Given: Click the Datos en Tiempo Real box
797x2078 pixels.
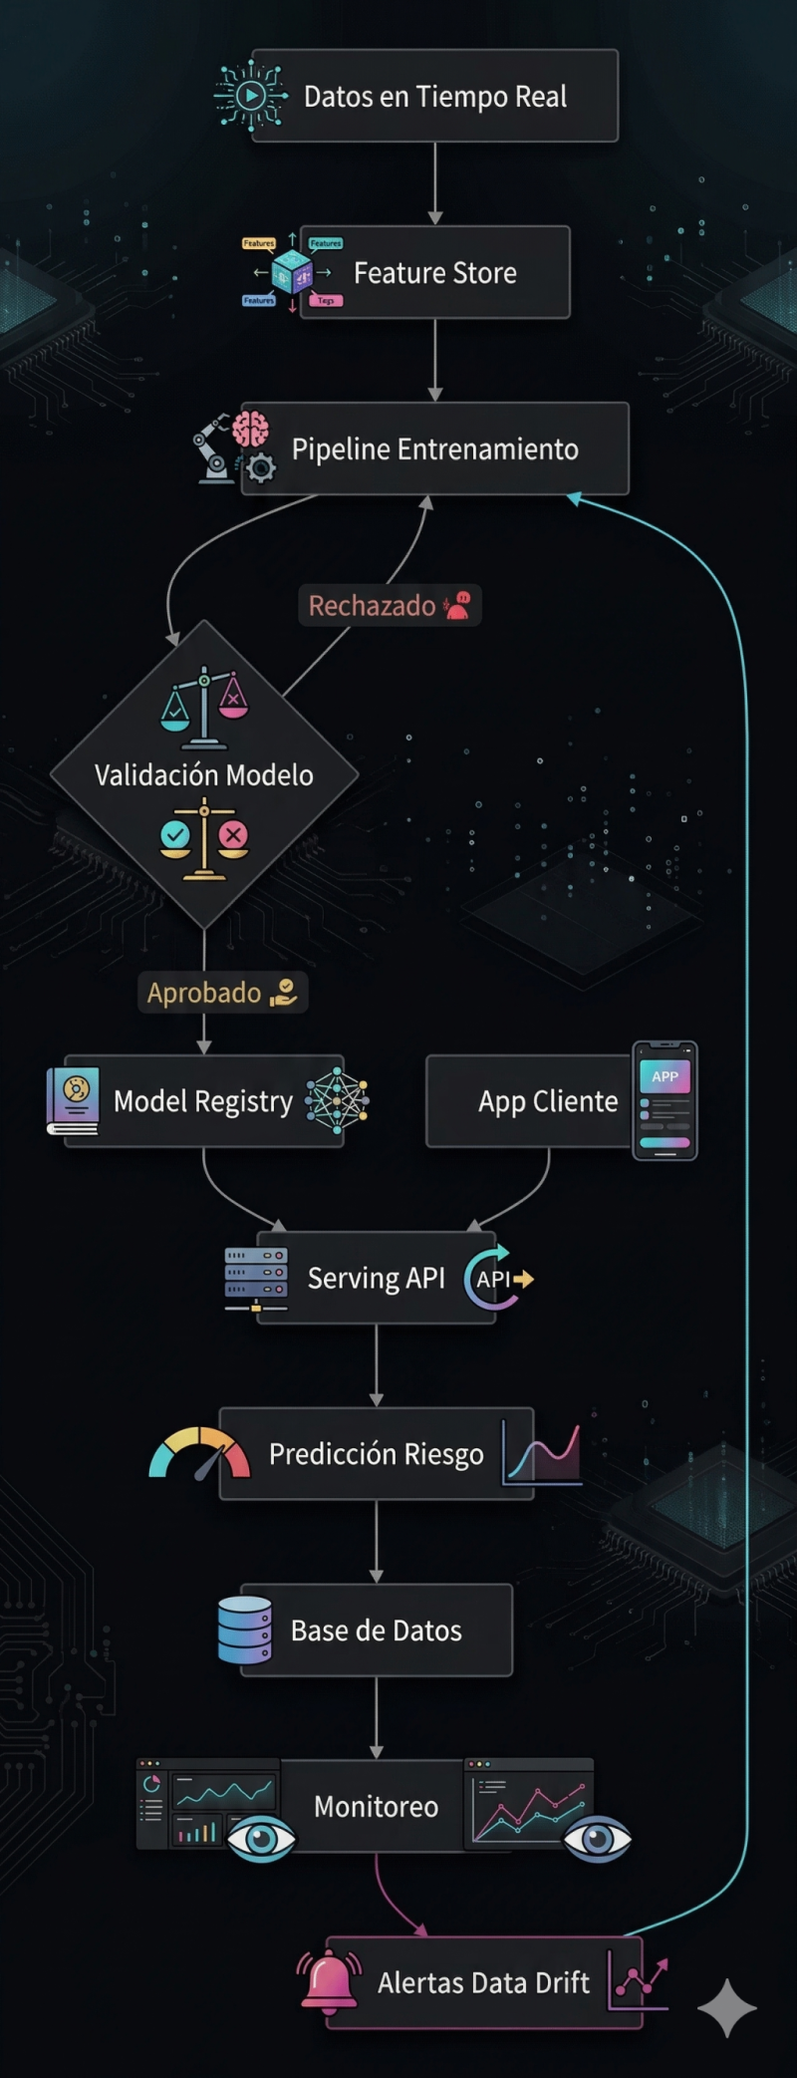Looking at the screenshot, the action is click(435, 96).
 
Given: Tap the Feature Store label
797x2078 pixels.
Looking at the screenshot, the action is click(435, 273).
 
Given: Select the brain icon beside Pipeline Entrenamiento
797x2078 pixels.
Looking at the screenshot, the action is click(251, 430).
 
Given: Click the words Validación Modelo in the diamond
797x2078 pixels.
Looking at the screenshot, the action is click(204, 775).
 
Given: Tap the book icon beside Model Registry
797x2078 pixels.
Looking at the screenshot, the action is click(73, 1101).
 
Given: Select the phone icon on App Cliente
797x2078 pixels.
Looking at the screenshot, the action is click(664, 1101).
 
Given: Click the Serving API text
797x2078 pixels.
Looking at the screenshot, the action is click(377, 1279).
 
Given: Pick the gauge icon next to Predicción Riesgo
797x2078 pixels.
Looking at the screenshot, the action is click(199, 1453).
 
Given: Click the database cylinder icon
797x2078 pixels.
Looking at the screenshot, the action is click(245, 1631).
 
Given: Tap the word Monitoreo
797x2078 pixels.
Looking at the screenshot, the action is click(377, 1807).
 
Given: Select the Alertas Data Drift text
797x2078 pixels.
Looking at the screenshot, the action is click(483, 1983).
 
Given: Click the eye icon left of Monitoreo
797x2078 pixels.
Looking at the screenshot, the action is click(261, 1838).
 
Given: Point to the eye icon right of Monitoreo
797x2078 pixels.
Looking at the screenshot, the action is click(597, 1839).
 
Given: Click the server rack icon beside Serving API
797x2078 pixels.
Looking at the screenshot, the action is click(256, 1279).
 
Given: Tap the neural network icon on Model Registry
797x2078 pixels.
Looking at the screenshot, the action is click(337, 1101).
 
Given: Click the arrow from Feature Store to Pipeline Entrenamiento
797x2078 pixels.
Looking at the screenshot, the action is click(435, 360).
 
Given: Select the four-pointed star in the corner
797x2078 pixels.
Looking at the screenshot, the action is click(727, 2008).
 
